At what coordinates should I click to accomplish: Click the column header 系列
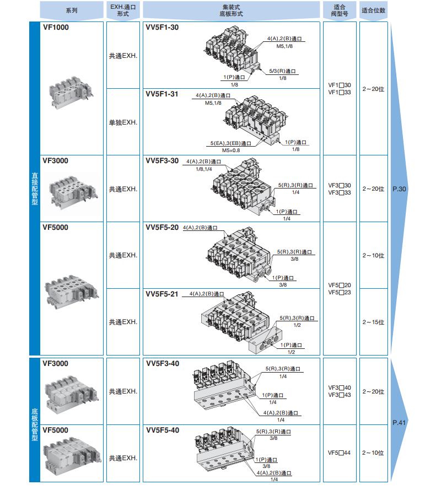pyautogui.click(x=72, y=10)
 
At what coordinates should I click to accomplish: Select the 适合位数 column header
pyautogui.click(x=373, y=10)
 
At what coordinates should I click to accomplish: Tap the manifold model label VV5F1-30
pyautogui.click(x=162, y=27)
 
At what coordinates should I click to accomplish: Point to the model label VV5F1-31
pyautogui.click(x=162, y=94)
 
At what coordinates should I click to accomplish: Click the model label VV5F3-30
pyautogui.click(x=162, y=161)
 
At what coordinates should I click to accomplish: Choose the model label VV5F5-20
pyautogui.click(x=162, y=227)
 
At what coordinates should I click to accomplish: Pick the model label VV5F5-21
pyautogui.click(x=162, y=294)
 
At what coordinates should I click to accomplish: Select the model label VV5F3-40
pyautogui.click(x=162, y=364)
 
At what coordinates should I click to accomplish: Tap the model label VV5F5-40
pyautogui.click(x=162, y=430)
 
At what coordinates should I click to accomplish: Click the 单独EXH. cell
pyautogui.click(x=122, y=122)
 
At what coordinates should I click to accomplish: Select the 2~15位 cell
pyautogui.click(x=373, y=322)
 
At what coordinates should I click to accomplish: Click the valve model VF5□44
pyautogui.click(x=339, y=453)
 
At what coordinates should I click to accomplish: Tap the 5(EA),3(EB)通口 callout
pyautogui.click(x=230, y=143)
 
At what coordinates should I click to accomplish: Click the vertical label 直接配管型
pyautogui.click(x=35, y=189)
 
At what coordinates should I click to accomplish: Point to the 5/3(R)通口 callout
pyautogui.click(x=283, y=72)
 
